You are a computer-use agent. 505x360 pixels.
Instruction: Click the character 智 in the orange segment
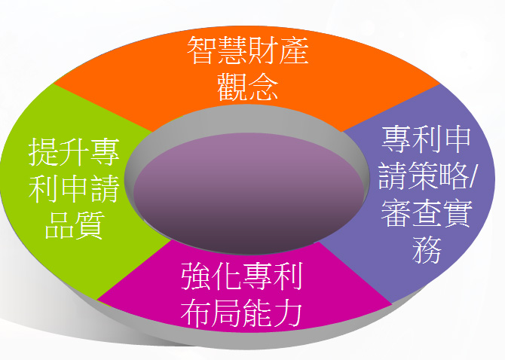[202, 50]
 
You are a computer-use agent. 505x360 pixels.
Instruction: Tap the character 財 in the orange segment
[262, 50]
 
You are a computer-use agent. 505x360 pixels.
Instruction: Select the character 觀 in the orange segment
[232, 87]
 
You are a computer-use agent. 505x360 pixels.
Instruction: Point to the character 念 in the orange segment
[262, 87]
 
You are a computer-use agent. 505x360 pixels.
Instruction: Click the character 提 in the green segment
[44, 152]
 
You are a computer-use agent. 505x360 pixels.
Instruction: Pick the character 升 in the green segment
[74, 152]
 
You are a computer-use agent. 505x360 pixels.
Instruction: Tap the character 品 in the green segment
[59, 225]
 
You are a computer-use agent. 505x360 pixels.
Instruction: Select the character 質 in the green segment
[89, 225]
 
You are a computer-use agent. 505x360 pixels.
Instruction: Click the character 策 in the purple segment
[423, 175]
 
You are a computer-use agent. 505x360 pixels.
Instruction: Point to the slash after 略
[472, 177]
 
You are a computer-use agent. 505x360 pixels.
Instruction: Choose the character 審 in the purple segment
[396, 213]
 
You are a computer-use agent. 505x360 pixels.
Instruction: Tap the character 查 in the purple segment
[427, 213]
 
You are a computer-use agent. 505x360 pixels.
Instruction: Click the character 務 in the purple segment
[427, 249]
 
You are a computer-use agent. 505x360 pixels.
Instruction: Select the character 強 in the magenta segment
[197, 276]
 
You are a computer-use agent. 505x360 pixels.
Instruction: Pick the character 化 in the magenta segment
[227, 276]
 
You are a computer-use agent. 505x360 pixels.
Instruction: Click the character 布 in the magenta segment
[197, 313]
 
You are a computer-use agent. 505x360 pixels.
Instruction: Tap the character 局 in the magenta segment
[227, 313]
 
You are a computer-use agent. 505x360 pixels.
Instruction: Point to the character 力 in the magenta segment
[288, 313]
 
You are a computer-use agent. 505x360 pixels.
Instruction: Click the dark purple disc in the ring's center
[248, 193]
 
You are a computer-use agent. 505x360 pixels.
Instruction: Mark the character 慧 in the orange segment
[232, 50]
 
